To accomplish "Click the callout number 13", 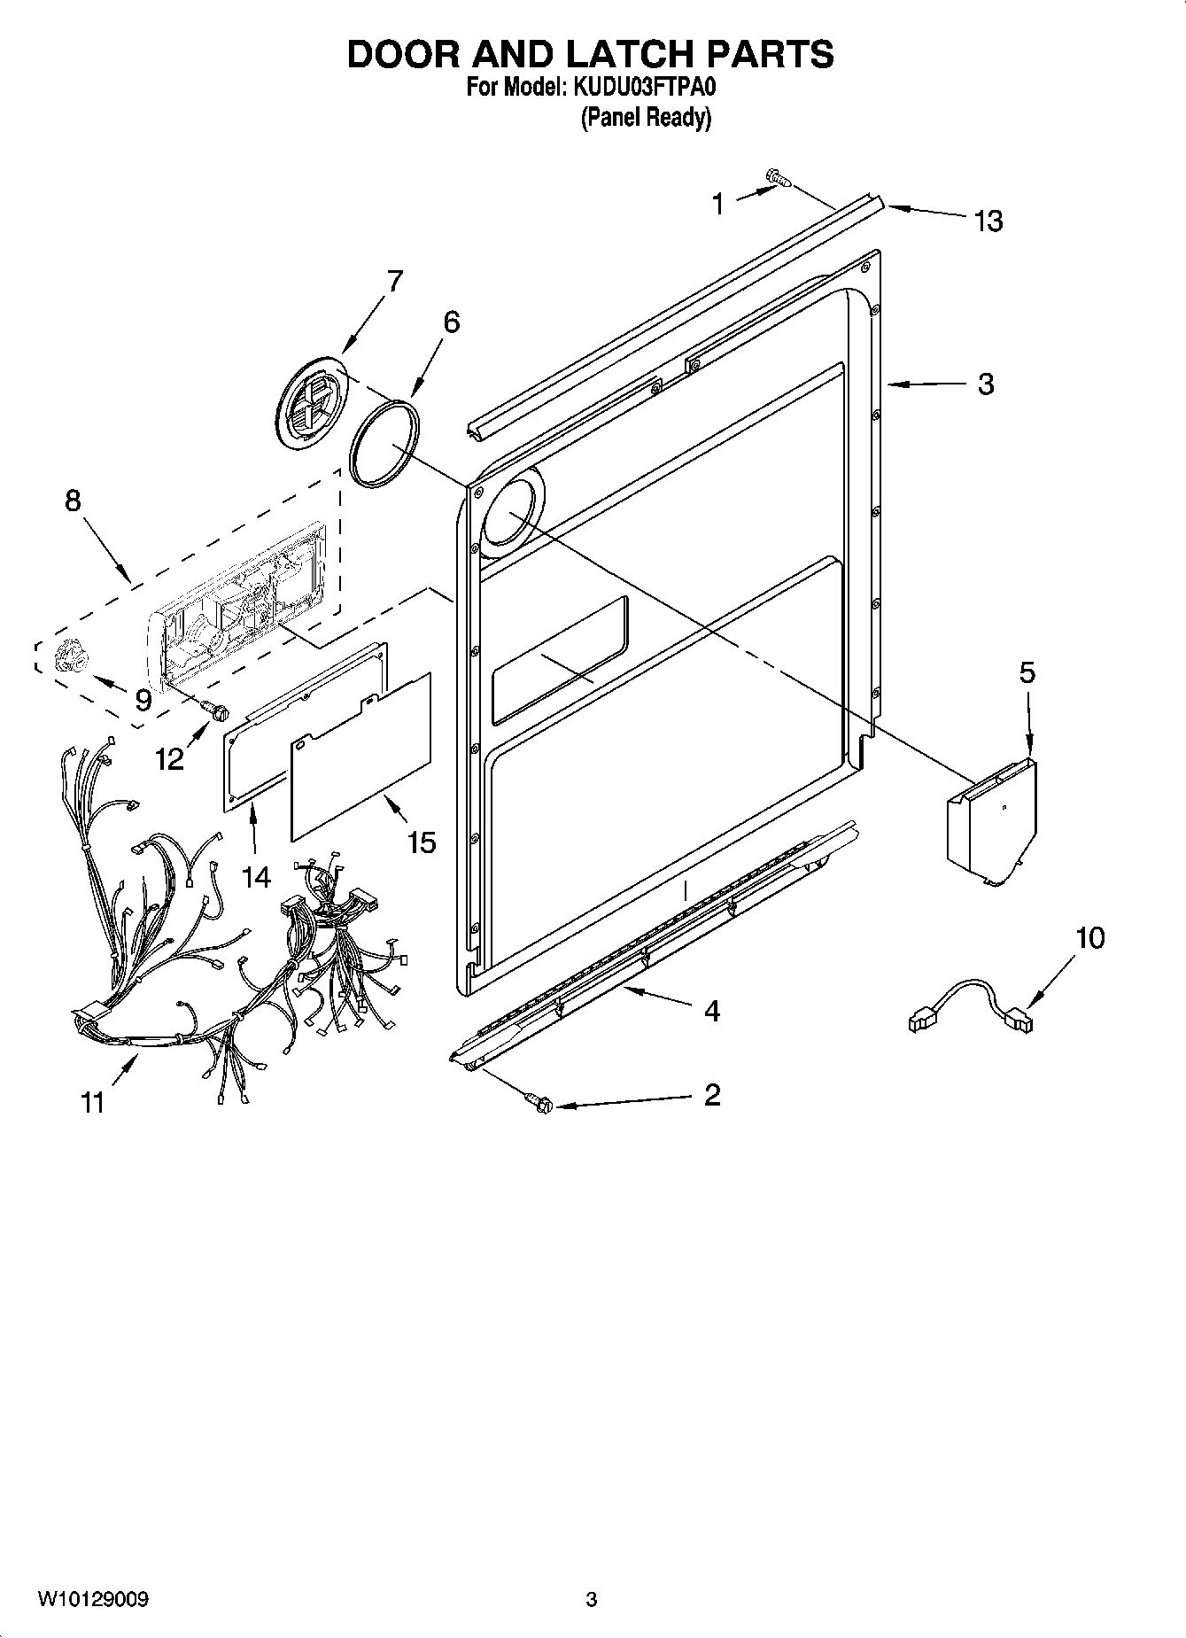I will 988,220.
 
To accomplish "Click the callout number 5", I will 1026,672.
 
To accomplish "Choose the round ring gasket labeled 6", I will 384,441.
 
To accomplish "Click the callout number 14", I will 256,876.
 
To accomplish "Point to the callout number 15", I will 422,841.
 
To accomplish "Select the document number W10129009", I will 92,1600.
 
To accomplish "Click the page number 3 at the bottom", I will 592,1600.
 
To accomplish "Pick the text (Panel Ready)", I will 646,117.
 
